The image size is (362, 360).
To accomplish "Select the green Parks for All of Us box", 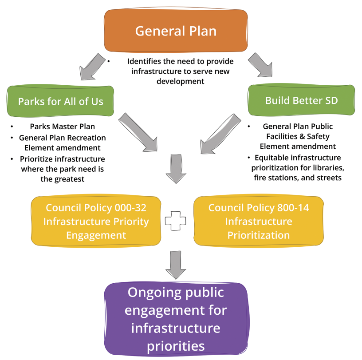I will (61, 102).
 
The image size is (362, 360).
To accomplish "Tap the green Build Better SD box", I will (302, 100).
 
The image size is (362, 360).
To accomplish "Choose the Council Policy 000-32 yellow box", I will (96, 221).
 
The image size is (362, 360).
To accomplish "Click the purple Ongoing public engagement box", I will (176, 319).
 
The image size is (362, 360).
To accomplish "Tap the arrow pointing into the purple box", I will (176, 265).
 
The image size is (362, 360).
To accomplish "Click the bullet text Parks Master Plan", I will (63, 127).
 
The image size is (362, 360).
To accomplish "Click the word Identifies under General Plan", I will (145, 61).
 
